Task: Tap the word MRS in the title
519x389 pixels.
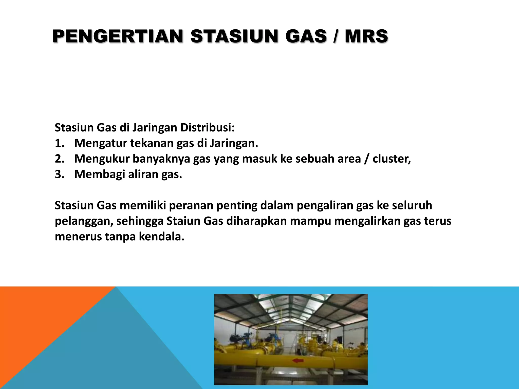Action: pos(366,36)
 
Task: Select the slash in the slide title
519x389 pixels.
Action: pos(336,36)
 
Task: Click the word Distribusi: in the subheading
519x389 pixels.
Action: pos(207,128)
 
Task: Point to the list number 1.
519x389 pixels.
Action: pos(59,143)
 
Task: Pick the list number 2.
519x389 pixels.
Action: pos(59,159)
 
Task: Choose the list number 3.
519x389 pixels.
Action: pos(59,174)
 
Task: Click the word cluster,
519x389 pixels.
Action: pos(392,159)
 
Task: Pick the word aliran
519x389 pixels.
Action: pos(143,174)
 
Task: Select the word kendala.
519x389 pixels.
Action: pos(161,237)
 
